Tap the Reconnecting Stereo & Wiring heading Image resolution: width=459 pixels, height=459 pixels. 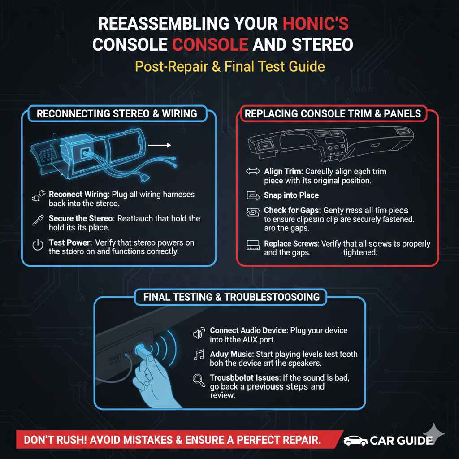tap(117, 113)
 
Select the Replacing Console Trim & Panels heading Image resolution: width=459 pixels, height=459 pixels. tap(333, 113)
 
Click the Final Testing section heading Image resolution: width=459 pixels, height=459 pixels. tap(231, 297)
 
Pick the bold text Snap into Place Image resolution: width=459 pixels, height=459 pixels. tap(291, 195)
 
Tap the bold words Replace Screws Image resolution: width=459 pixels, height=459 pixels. tap(291, 244)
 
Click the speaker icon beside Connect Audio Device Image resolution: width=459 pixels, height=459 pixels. tap(198, 333)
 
